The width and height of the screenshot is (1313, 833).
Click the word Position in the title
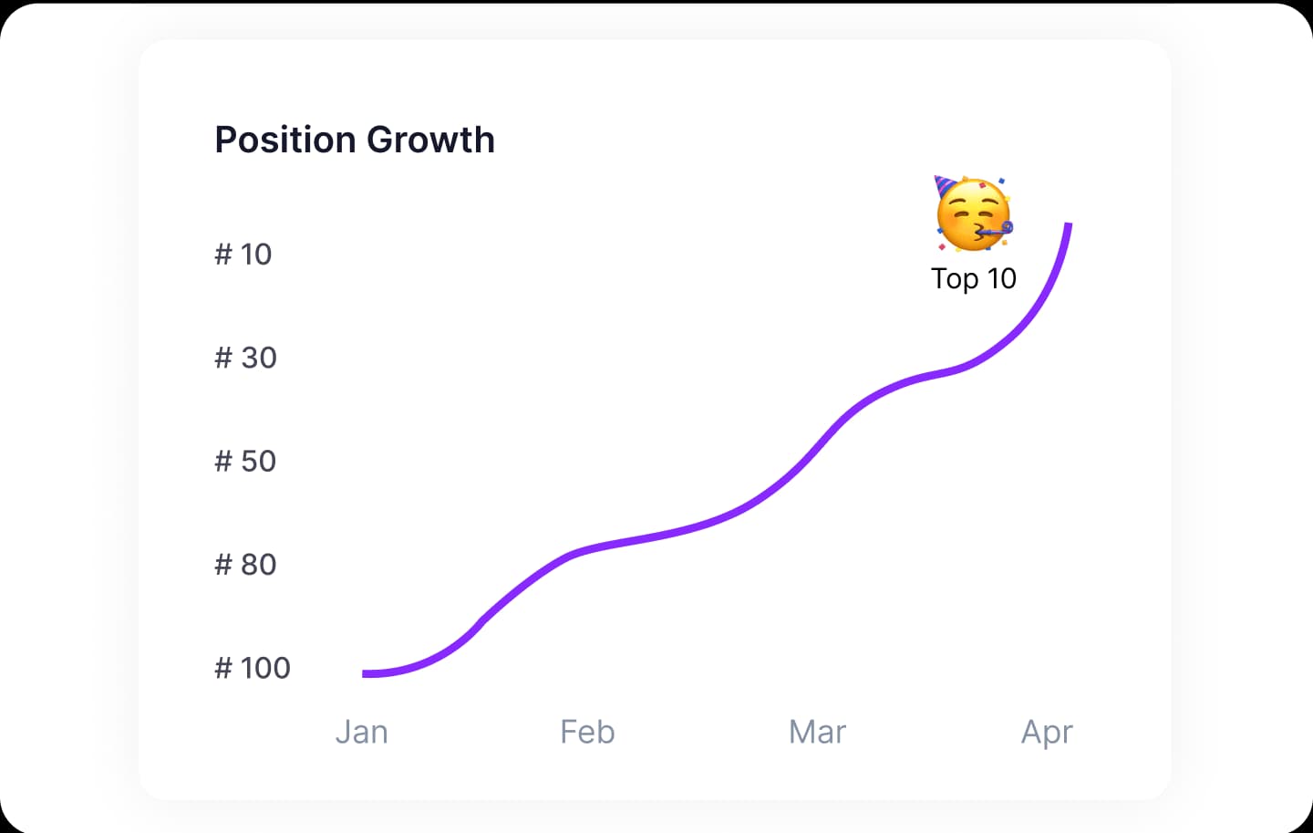[x=286, y=140]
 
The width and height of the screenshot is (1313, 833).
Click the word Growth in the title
[x=431, y=140]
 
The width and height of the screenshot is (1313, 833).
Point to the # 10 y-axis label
[x=243, y=254]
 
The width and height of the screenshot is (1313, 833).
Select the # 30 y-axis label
[x=245, y=358]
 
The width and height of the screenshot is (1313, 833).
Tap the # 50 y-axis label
[x=245, y=461]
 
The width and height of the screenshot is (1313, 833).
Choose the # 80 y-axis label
[x=245, y=565]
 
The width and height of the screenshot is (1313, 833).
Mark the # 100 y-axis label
[x=253, y=668]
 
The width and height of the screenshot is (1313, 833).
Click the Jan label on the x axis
[x=362, y=732]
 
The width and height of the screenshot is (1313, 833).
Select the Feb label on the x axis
[x=587, y=732]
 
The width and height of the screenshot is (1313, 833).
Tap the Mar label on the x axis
[x=817, y=732]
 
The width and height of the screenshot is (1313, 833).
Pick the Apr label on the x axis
[x=1047, y=732]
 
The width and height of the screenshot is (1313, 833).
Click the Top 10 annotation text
[x=973, y=278]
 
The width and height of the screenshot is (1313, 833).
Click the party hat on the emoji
[x=943, y=186]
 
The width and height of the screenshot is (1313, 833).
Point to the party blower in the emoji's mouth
[x=996, y=230]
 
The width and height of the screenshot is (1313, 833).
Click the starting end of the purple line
[x=365, y=673]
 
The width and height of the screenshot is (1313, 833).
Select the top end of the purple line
[x=1069, y=224]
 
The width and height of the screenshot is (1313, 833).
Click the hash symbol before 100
[x=223, y=668]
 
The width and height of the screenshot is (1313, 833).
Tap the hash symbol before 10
[x=223, y=254]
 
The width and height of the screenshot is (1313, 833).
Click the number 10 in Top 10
[x=1001, y=278]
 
